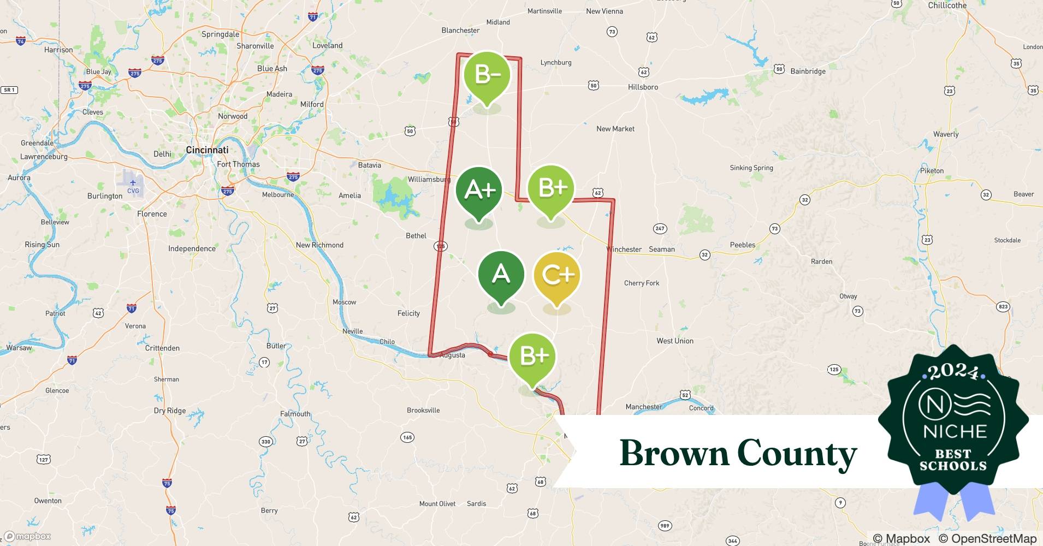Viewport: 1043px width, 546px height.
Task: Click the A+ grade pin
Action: point(479,191)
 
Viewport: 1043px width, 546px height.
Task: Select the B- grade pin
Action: point(487,75)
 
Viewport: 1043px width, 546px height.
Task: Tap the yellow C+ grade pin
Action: point(556,275)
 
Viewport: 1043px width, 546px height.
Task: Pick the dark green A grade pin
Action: point(501,274)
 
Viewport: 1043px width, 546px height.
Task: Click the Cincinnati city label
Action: point(207,150)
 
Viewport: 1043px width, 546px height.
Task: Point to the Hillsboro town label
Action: point(643,87)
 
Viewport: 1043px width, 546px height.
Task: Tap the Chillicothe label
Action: point(947,5)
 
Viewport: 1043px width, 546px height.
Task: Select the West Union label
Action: point(674,341)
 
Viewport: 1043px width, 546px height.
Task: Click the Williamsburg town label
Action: point(429,179)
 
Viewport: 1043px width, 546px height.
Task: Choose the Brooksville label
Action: point(423,410)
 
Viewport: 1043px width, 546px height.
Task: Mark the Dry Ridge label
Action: point(169,411)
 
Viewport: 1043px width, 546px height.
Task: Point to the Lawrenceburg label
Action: point(44,157)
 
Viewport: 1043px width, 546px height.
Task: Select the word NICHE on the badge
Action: point(955,431)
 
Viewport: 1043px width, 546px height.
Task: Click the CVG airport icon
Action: point(133,183)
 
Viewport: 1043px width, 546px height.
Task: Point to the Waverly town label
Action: point(946,134)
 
